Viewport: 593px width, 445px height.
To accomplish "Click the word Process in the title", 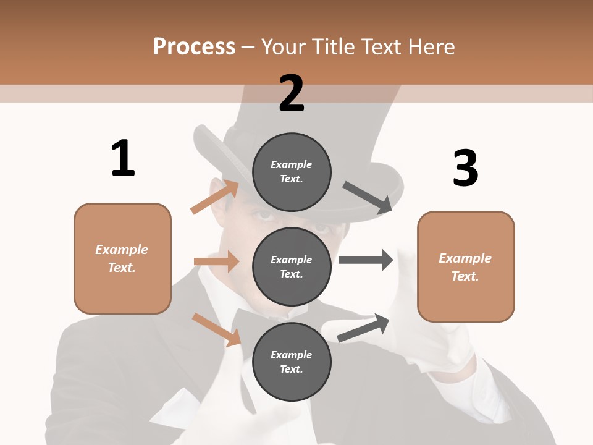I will (194, 46).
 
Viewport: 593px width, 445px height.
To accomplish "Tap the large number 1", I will (123, 158).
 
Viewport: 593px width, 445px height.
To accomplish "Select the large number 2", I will (292, 93).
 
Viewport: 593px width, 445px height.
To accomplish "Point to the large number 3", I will (465, 169).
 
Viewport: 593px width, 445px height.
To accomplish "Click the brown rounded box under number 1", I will (122, 258).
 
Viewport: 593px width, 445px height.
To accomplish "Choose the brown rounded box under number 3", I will (466, 266).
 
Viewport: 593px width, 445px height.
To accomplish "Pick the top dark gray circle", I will (292, 172).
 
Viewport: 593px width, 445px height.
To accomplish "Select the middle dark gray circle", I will (292, 266).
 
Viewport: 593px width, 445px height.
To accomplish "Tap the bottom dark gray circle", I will (292, 362).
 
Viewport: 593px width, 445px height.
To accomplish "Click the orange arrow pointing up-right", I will (214, 197).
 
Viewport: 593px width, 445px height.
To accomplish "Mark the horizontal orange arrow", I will (216, 261).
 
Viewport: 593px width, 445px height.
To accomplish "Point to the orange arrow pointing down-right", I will (216, 329).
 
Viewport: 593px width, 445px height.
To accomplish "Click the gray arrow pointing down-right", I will (368, 197).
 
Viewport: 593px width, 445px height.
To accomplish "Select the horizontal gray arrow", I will (366, 260).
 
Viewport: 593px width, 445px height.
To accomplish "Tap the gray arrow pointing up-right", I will (363, 328).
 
